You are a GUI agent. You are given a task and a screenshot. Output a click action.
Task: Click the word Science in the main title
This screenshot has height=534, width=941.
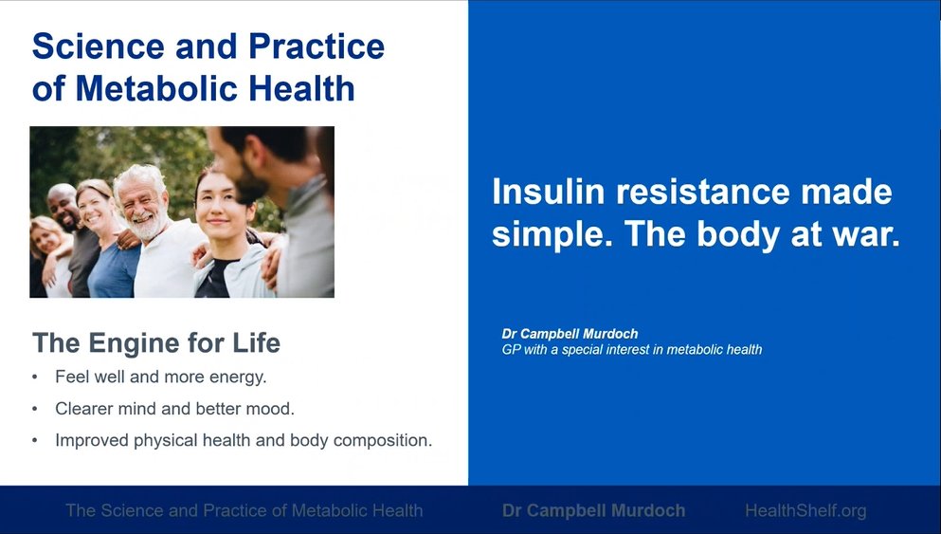(x=99, y=46)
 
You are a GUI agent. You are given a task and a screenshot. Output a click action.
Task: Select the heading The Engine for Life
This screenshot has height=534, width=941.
(x=156, y=343)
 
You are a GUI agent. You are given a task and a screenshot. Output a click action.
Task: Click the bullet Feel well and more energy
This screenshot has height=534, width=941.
(x=161, y=377)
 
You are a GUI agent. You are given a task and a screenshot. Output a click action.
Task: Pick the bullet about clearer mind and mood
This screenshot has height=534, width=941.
(x=174, y=409)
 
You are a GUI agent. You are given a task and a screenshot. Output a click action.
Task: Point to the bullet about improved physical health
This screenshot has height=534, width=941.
(x=244, y=441)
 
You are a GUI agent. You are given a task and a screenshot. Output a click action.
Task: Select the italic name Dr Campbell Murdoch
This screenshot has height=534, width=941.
(x=570, y=334)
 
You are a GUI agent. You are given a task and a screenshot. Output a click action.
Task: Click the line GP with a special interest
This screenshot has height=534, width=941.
(x=632, y=350)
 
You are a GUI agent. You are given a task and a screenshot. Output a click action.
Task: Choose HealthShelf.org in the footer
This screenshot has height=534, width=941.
(x=806, y=510)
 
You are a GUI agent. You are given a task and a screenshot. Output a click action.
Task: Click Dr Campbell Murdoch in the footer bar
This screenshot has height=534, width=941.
(x=593, y=510)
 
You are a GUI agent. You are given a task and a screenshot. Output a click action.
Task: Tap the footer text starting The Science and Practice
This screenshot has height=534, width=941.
(x=244, y=510)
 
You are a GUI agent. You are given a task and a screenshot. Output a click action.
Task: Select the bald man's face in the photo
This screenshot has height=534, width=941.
(x=63, y=208)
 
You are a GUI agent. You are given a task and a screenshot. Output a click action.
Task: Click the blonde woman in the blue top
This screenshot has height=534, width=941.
(x=108, y=240)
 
